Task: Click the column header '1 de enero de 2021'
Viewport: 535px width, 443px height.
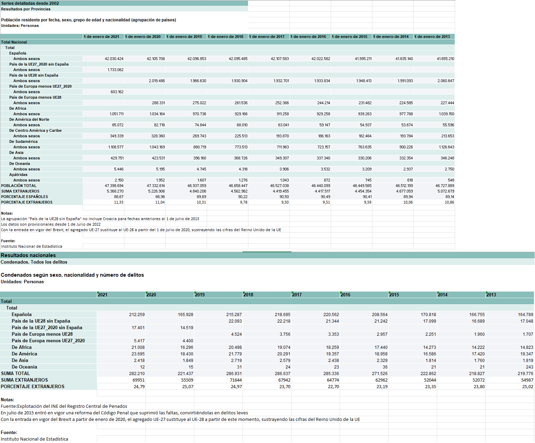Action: pos(101,37)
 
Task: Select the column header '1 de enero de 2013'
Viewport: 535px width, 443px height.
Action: pos(432,37)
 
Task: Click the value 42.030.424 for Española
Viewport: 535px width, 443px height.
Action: pos(114,59)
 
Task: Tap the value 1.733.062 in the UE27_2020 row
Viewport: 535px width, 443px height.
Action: pos(115,70)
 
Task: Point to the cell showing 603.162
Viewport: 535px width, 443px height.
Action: pos(117,92)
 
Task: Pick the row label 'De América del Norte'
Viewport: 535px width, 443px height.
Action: pos(29,119)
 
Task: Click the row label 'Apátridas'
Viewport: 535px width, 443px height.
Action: pos(18,175)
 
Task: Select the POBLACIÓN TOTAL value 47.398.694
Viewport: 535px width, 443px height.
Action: pos(114,186)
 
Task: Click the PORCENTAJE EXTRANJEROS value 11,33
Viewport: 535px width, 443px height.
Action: pos(119,202)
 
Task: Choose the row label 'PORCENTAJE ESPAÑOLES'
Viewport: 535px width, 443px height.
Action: pos(24,197)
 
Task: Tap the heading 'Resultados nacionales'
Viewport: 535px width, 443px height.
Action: pos(28,255)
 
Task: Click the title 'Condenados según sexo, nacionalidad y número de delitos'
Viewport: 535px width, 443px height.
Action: pos(72,275)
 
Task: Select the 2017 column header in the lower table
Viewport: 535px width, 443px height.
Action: pos(297,295)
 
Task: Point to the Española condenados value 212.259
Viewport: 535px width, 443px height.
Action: pos(137,314)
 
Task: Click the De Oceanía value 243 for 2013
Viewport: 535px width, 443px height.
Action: pos(529,367)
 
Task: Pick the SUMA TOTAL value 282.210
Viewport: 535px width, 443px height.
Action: pos(137,373)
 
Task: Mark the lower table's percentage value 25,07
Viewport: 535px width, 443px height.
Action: pos(187,386)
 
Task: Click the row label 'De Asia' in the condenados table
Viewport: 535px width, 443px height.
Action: pos(20,360)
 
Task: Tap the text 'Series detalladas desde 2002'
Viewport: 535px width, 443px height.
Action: pos(30,3)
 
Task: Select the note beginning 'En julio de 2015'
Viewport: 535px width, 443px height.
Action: pos(124,413)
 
